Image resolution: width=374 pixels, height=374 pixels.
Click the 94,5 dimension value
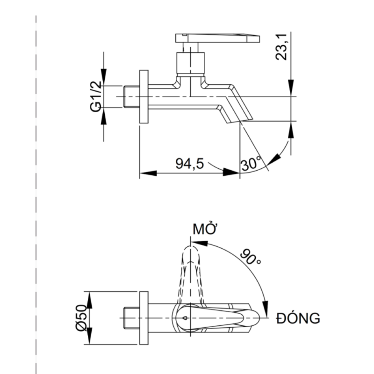[190, 164]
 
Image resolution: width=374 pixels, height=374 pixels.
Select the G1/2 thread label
[95, 96]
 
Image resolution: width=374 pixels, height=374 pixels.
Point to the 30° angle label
[251, 164]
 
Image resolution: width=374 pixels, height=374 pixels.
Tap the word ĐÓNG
[298, 318]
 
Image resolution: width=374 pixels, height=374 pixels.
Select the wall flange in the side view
[144, 97]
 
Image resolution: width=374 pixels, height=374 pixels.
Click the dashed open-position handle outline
[191, 271]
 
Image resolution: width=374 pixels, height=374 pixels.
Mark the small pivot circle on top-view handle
[185, 318]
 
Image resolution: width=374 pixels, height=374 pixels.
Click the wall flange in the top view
[144, 318]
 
